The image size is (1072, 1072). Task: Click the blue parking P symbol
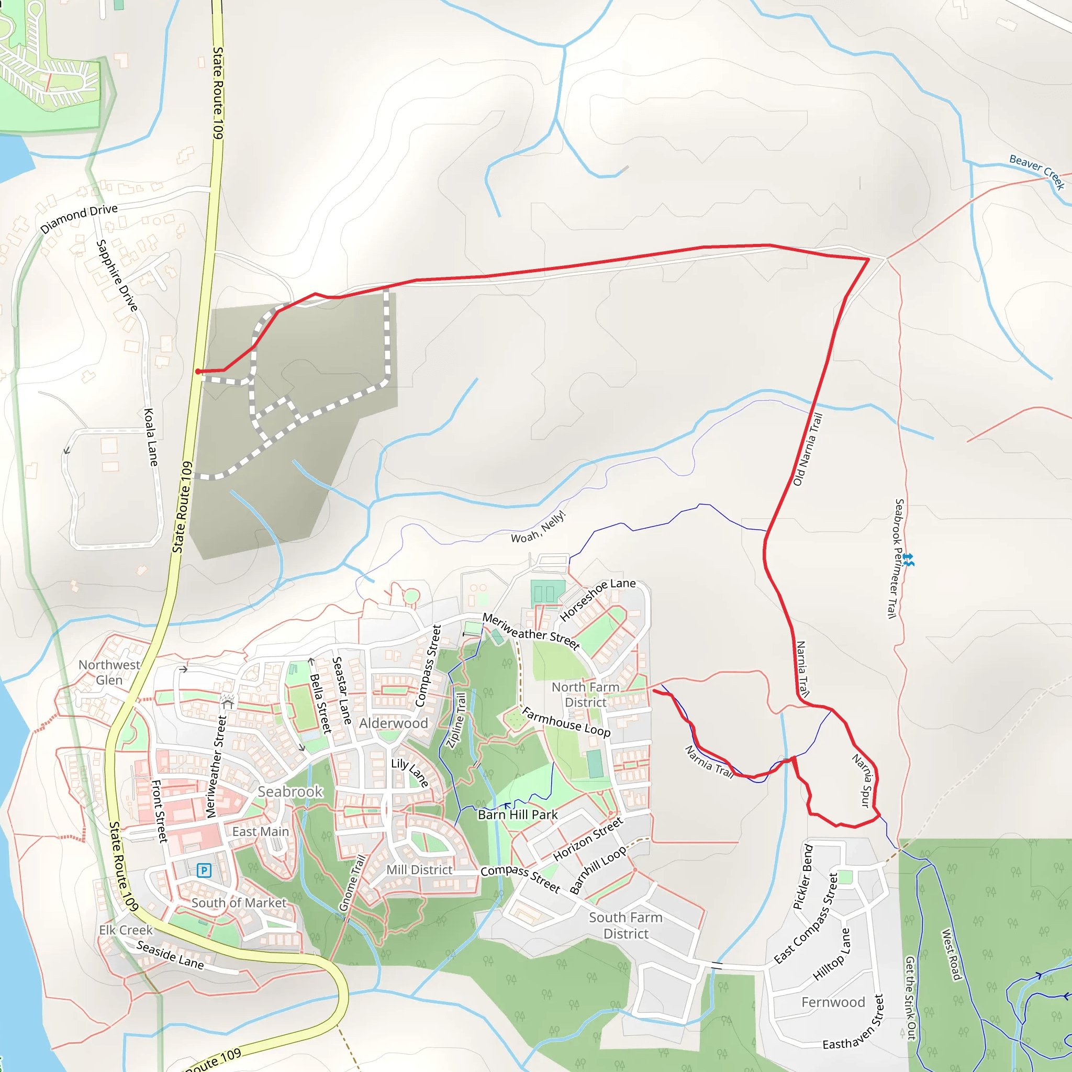pos(204,870)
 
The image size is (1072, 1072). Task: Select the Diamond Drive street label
pos(79,218)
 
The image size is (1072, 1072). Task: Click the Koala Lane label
pos(150,437)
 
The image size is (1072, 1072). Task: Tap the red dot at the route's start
pos(198,371)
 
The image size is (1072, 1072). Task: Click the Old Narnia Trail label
pos(807,449)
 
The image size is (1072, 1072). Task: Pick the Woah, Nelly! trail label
pos(538,527)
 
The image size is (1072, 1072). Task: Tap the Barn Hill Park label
pos(518,814)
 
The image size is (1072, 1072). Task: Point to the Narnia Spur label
pos(863,780)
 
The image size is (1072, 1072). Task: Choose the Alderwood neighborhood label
pos(394,723)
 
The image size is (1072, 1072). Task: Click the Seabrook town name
pos(290,791)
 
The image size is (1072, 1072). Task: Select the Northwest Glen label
pos(109,672)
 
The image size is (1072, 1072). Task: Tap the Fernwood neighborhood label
pos(833,1002)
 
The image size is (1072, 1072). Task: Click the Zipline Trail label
pos(456,720)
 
